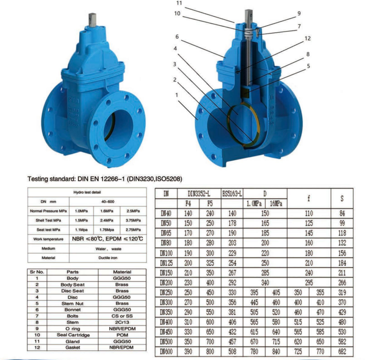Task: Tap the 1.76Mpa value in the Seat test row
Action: [106, 229]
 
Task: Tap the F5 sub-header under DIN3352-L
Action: [209, 204]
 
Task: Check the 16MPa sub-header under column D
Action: [276, 204]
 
